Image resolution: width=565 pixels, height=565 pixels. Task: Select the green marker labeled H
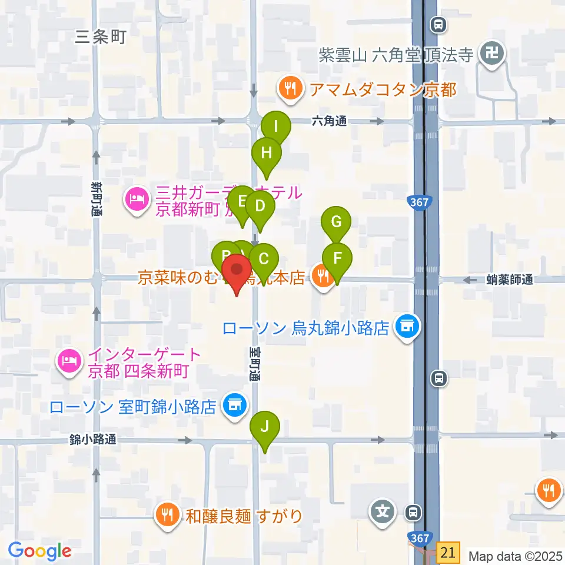(267, 153)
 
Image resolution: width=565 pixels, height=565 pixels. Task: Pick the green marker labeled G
(336, 222)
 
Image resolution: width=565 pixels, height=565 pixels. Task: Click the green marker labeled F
(337, 258)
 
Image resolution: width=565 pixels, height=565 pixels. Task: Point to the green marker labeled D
(260, 207)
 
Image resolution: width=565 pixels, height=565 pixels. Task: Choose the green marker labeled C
(264, 258)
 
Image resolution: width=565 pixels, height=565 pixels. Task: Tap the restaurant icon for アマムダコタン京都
(290, 89)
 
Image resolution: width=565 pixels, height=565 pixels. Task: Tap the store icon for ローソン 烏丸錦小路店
(406, 327)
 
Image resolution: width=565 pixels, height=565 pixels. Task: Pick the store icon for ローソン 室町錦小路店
(234, 406)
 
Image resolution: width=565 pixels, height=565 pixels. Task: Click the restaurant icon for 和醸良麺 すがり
(168, 516)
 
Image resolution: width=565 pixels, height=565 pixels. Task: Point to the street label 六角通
(329, 121)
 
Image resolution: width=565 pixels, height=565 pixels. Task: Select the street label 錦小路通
(93, 438)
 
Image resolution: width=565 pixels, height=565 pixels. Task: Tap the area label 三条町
(101, 38)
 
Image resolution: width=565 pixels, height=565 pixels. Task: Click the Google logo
(39, 551)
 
